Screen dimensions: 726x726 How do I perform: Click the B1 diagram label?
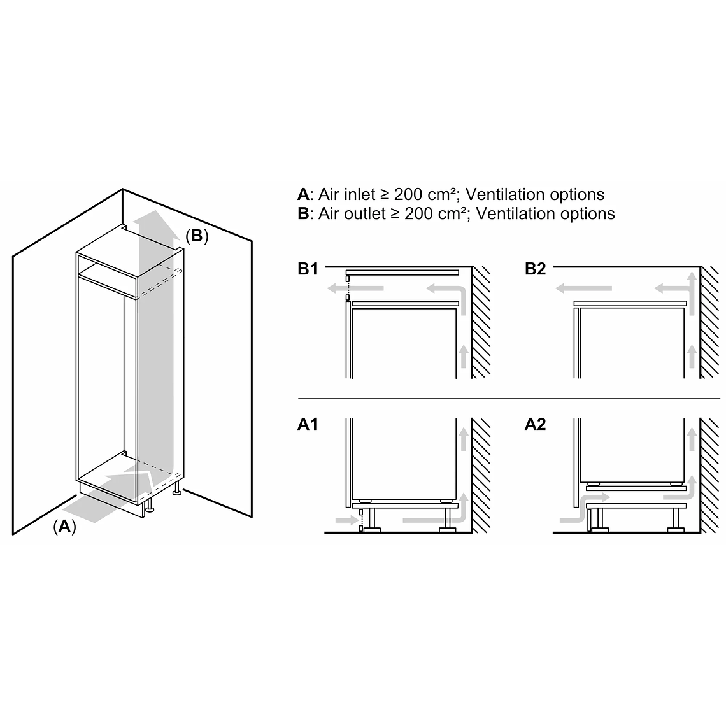[308, 269]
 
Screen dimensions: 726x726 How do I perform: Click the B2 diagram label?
[535, 269]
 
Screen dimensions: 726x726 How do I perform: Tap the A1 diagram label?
[308, 424]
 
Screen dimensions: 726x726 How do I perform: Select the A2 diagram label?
[535, 424]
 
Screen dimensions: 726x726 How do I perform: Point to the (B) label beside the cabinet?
[197, 236]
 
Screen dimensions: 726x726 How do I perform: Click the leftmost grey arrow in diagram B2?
[582, 288]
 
